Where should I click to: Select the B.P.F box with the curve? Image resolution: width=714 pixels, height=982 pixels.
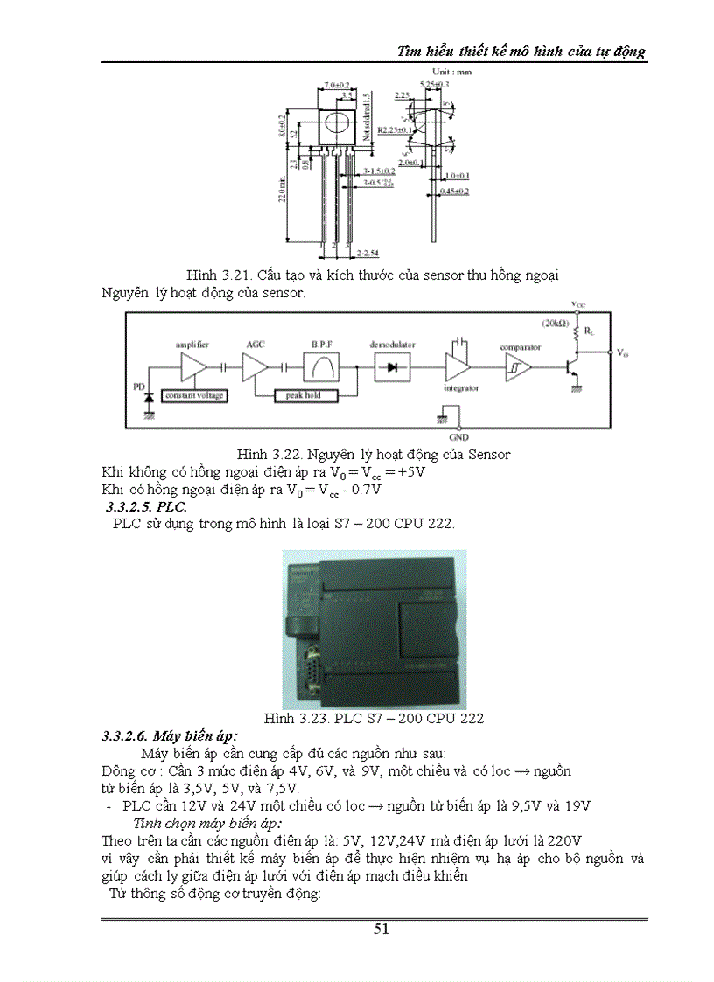point(321,367)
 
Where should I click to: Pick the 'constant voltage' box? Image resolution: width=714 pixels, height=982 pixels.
point(195,395)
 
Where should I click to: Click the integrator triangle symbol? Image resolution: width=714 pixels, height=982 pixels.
point(456,367)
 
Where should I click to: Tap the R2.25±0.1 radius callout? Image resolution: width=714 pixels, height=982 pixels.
point(395,129)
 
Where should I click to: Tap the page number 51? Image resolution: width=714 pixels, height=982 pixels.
point(381,929)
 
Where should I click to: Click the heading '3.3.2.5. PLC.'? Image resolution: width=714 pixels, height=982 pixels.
point(145,507)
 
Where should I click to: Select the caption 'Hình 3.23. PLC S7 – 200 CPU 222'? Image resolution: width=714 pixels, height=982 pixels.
point(374,718)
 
